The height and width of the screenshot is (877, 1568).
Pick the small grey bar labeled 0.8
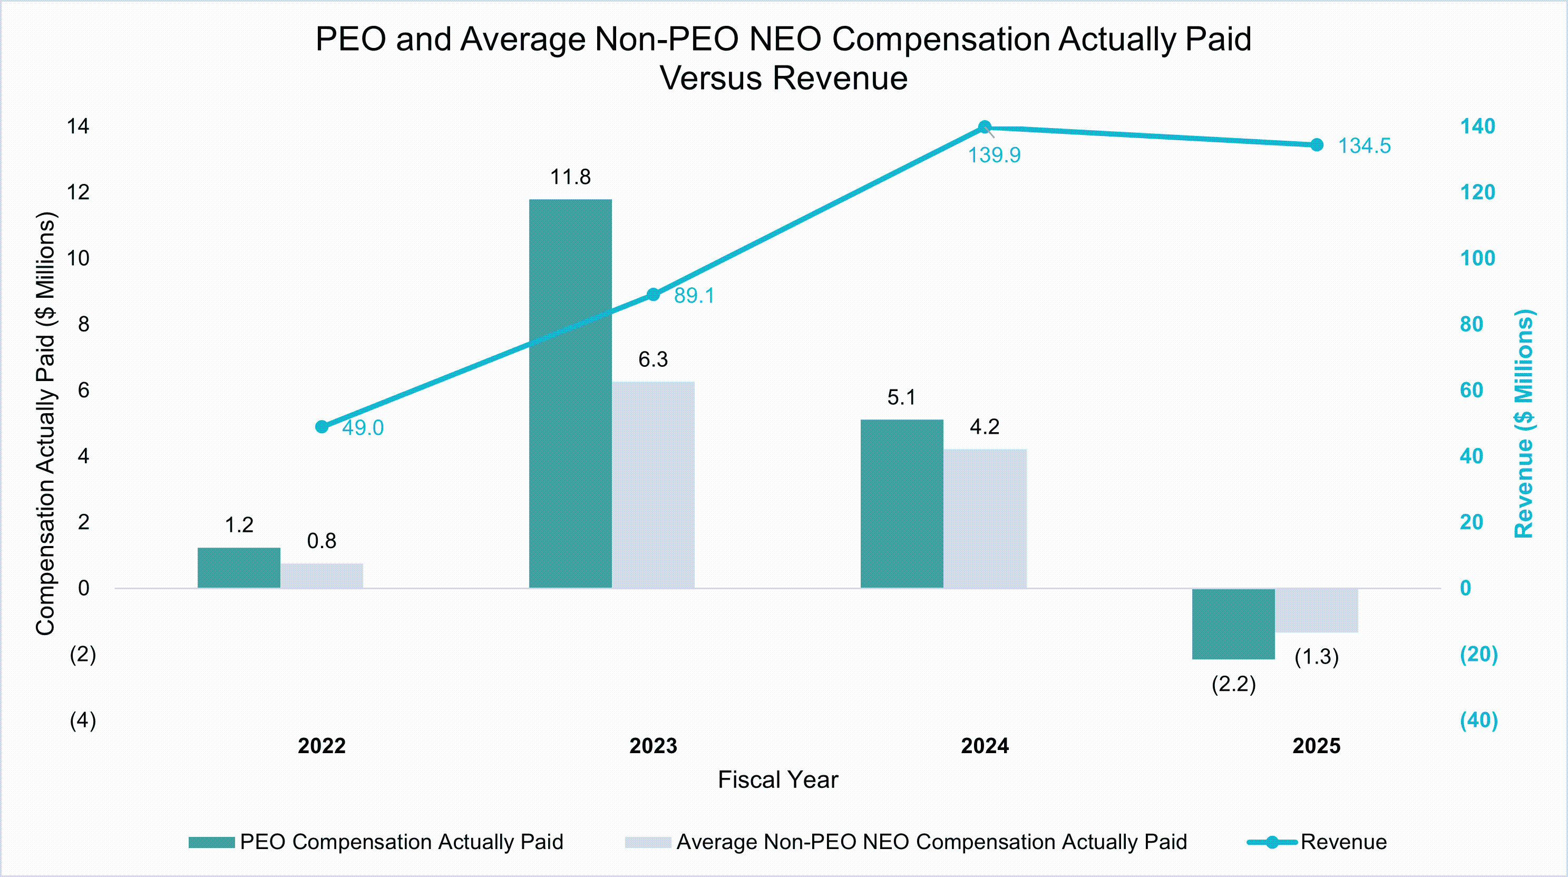click(322, 575)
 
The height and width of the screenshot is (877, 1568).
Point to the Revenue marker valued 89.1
click(653, 295)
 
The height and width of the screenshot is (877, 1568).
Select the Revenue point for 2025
click(1316, 145)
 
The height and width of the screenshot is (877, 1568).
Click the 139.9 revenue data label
click(994, 155)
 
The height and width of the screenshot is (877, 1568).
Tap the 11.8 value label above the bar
click(570, 177)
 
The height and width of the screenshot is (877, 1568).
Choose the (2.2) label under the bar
click(1233, 684)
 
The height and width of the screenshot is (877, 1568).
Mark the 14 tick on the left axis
click(78, 126)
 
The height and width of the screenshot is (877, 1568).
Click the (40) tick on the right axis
click(1478, 720)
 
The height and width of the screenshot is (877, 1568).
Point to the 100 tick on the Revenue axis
click(1477, 258)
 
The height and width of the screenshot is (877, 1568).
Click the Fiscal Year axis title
click(777, 779)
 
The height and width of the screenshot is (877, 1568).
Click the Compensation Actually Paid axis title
click(46, 424)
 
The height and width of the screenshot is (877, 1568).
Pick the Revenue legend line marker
click(1272, 842)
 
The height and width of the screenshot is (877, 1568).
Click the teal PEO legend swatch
click(211, 842)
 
